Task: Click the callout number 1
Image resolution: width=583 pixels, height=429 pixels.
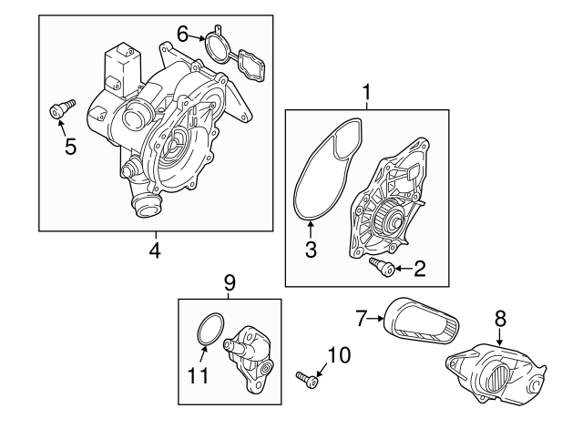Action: click(x=367, y=91)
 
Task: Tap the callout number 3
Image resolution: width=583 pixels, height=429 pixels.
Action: click(x=311, y=249)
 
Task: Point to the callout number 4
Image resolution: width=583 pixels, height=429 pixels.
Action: click(x=155, y=249)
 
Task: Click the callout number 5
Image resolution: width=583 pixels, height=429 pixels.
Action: click(x=70, y=146)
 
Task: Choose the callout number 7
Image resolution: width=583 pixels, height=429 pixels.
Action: click(x=362, y=318)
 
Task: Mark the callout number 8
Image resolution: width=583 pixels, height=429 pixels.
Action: click(x=498, y=321)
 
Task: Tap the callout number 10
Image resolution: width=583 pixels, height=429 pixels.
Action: click(x=338, y=356)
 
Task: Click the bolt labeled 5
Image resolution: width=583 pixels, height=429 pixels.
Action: click(x=60, y=112)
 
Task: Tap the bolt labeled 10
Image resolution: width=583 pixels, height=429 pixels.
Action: click(x=306, y=378)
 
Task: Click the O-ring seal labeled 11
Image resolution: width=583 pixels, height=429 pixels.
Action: click(x=209, y=330)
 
